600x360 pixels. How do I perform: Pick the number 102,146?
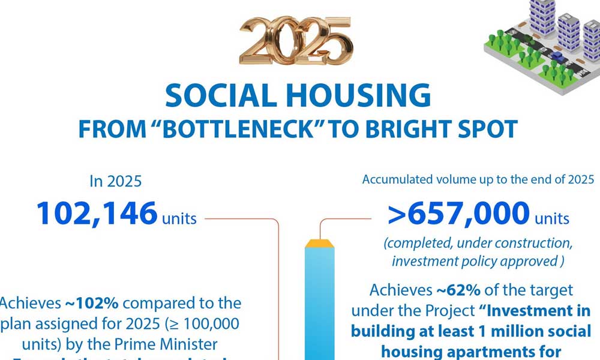coord(97,213)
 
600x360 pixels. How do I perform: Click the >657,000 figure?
coord(459,213)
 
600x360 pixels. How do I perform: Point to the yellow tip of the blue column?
coord(320,244)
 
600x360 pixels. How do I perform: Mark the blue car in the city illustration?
coord(556,57)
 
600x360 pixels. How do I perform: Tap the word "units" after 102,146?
coord(179,218)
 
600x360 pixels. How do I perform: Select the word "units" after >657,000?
coord(552,218)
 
